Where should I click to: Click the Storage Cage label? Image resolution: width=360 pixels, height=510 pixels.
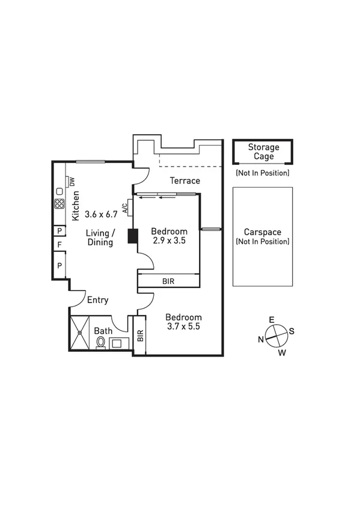[x=263, y=152]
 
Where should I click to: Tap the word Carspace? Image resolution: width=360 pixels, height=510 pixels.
[x=263, y=232]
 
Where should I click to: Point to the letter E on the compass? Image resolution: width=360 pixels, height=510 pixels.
[x=272, y=319]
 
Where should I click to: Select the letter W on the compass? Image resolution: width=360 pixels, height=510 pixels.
[x=281, y=353]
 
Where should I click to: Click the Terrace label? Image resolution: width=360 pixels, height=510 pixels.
[x=185, y=180]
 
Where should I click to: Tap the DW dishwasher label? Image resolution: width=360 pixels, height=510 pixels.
[x=70, y=181]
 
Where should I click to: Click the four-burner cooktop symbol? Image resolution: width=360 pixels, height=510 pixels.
[x=59, y=203]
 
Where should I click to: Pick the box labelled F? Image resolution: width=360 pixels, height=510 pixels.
[x=59, y=245]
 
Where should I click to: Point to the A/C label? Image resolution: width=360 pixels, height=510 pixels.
[x=125, y=207]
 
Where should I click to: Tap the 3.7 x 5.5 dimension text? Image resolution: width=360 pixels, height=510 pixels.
[x=183, y=327]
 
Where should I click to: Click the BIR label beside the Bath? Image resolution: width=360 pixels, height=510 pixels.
[x=140, y=336]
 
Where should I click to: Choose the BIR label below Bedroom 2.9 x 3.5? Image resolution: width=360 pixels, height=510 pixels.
[x=169, y=281]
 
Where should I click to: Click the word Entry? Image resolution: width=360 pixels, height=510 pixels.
[x=97, y=300]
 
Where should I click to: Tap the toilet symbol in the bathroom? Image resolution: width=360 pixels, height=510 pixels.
[x=101, y=342]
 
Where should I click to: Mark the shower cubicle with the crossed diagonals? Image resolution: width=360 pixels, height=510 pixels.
[x=79, y=333]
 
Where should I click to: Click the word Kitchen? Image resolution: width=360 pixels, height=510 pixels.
[x=76, y=204]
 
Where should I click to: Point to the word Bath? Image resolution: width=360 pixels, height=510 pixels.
[x=103, y=331]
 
